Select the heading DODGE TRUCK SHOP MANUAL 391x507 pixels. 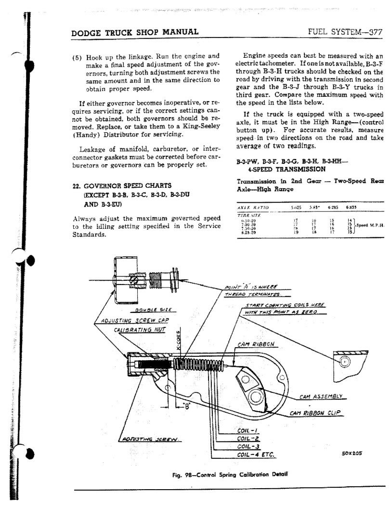(134, 32)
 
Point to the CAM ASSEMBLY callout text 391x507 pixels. (321, 396)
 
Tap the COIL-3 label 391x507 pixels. (249, 446)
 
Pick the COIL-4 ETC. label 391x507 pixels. (256, 455)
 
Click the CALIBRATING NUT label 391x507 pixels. (139, 329)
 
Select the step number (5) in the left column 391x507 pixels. (77, 56)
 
